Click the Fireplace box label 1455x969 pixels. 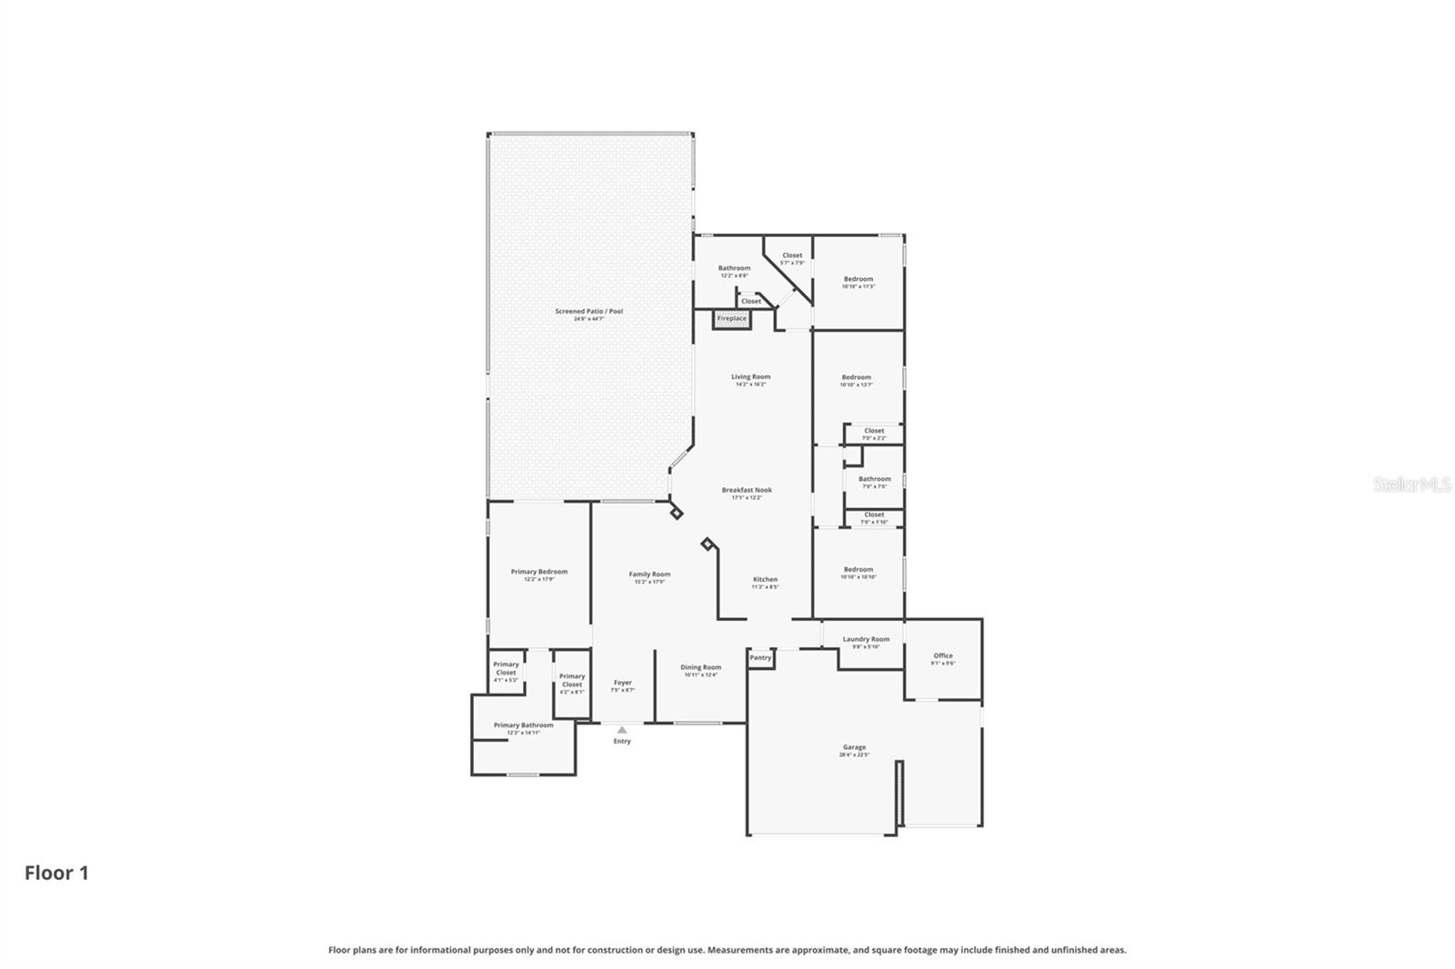[x=732, y=318]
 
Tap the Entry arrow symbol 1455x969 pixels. [x=622, y=729]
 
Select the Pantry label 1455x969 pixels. [x=760, y=657]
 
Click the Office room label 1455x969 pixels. [x=943, y=655]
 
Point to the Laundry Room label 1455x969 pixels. [x=866, y=639]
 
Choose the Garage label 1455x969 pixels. [x=854, y=747]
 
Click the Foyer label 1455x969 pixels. [x=622, y=683]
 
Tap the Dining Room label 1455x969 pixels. [x=700, y=667]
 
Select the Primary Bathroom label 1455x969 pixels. [x=523, y=725]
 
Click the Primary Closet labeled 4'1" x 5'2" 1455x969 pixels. [x=506, y=669]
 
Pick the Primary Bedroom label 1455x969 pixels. [x=538, y=572]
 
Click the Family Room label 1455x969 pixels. [x=649, y=574]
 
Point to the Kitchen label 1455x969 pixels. [x=765, y=579]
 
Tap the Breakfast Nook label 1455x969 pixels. [x=747, y=490]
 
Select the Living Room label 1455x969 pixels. [x=750, y=376]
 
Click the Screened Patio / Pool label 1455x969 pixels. [x=588, y=311]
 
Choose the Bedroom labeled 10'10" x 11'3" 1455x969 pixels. [x=858, y=279]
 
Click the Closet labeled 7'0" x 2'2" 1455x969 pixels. [x=874, y=431]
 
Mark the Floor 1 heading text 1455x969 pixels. [x=56, y=873]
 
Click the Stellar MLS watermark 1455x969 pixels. [x=1411, y=485]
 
